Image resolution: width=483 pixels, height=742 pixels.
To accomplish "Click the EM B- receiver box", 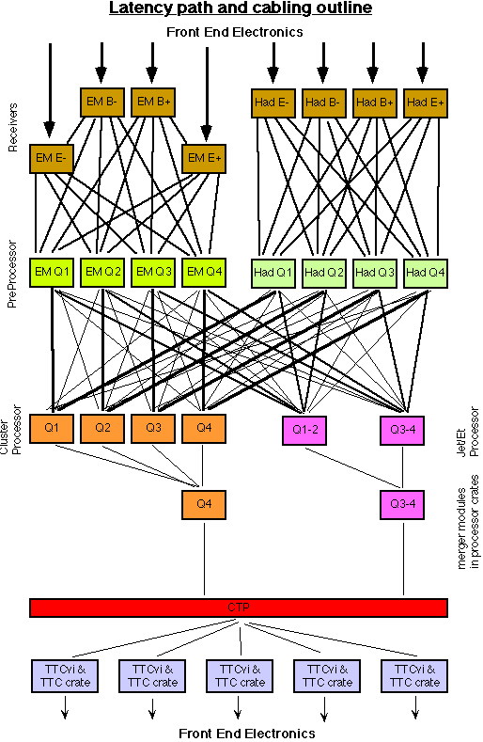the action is [x=102, y=103].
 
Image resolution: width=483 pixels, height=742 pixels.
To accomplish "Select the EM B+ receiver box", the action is [x=153, y=103].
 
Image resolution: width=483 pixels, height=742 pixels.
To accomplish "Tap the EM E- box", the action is [x=51, y=159].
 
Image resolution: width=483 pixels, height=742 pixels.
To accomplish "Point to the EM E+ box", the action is [x=204, y=159].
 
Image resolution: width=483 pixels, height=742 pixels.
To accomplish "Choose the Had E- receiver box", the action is [x=273, y=103].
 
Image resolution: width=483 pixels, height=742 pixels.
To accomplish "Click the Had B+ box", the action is [x=375, y=103].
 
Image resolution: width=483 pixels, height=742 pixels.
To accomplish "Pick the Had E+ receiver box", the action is [x=426, y=103].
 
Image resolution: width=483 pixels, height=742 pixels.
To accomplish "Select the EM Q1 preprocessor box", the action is [x=52, y=273].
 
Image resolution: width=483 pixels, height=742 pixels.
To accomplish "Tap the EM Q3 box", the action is [x=153, y=273].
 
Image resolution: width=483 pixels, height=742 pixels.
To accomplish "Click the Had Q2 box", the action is [x=324, y=274].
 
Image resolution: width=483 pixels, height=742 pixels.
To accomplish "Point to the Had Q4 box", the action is [x=426, y=274].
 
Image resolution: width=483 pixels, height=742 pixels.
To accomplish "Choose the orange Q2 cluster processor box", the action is [x=102, y=429].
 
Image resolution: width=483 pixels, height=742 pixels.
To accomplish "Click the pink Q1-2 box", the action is [x=304, y=431].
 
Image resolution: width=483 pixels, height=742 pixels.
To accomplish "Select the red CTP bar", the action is [x=239, y=608].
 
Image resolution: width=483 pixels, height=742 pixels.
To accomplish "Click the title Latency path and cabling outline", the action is [x=241, y=8].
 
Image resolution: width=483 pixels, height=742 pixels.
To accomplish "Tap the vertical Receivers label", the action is [x=13, y=127].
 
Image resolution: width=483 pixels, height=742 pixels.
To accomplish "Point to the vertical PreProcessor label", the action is [x=13, y=275].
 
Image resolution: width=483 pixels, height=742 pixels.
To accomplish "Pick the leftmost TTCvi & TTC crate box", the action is [x=65, y=676].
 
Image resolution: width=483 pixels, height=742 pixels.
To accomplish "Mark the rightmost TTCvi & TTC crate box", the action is [x=414, y=676].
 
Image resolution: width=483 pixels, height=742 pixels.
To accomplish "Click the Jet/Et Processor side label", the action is [x=467, y=432].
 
